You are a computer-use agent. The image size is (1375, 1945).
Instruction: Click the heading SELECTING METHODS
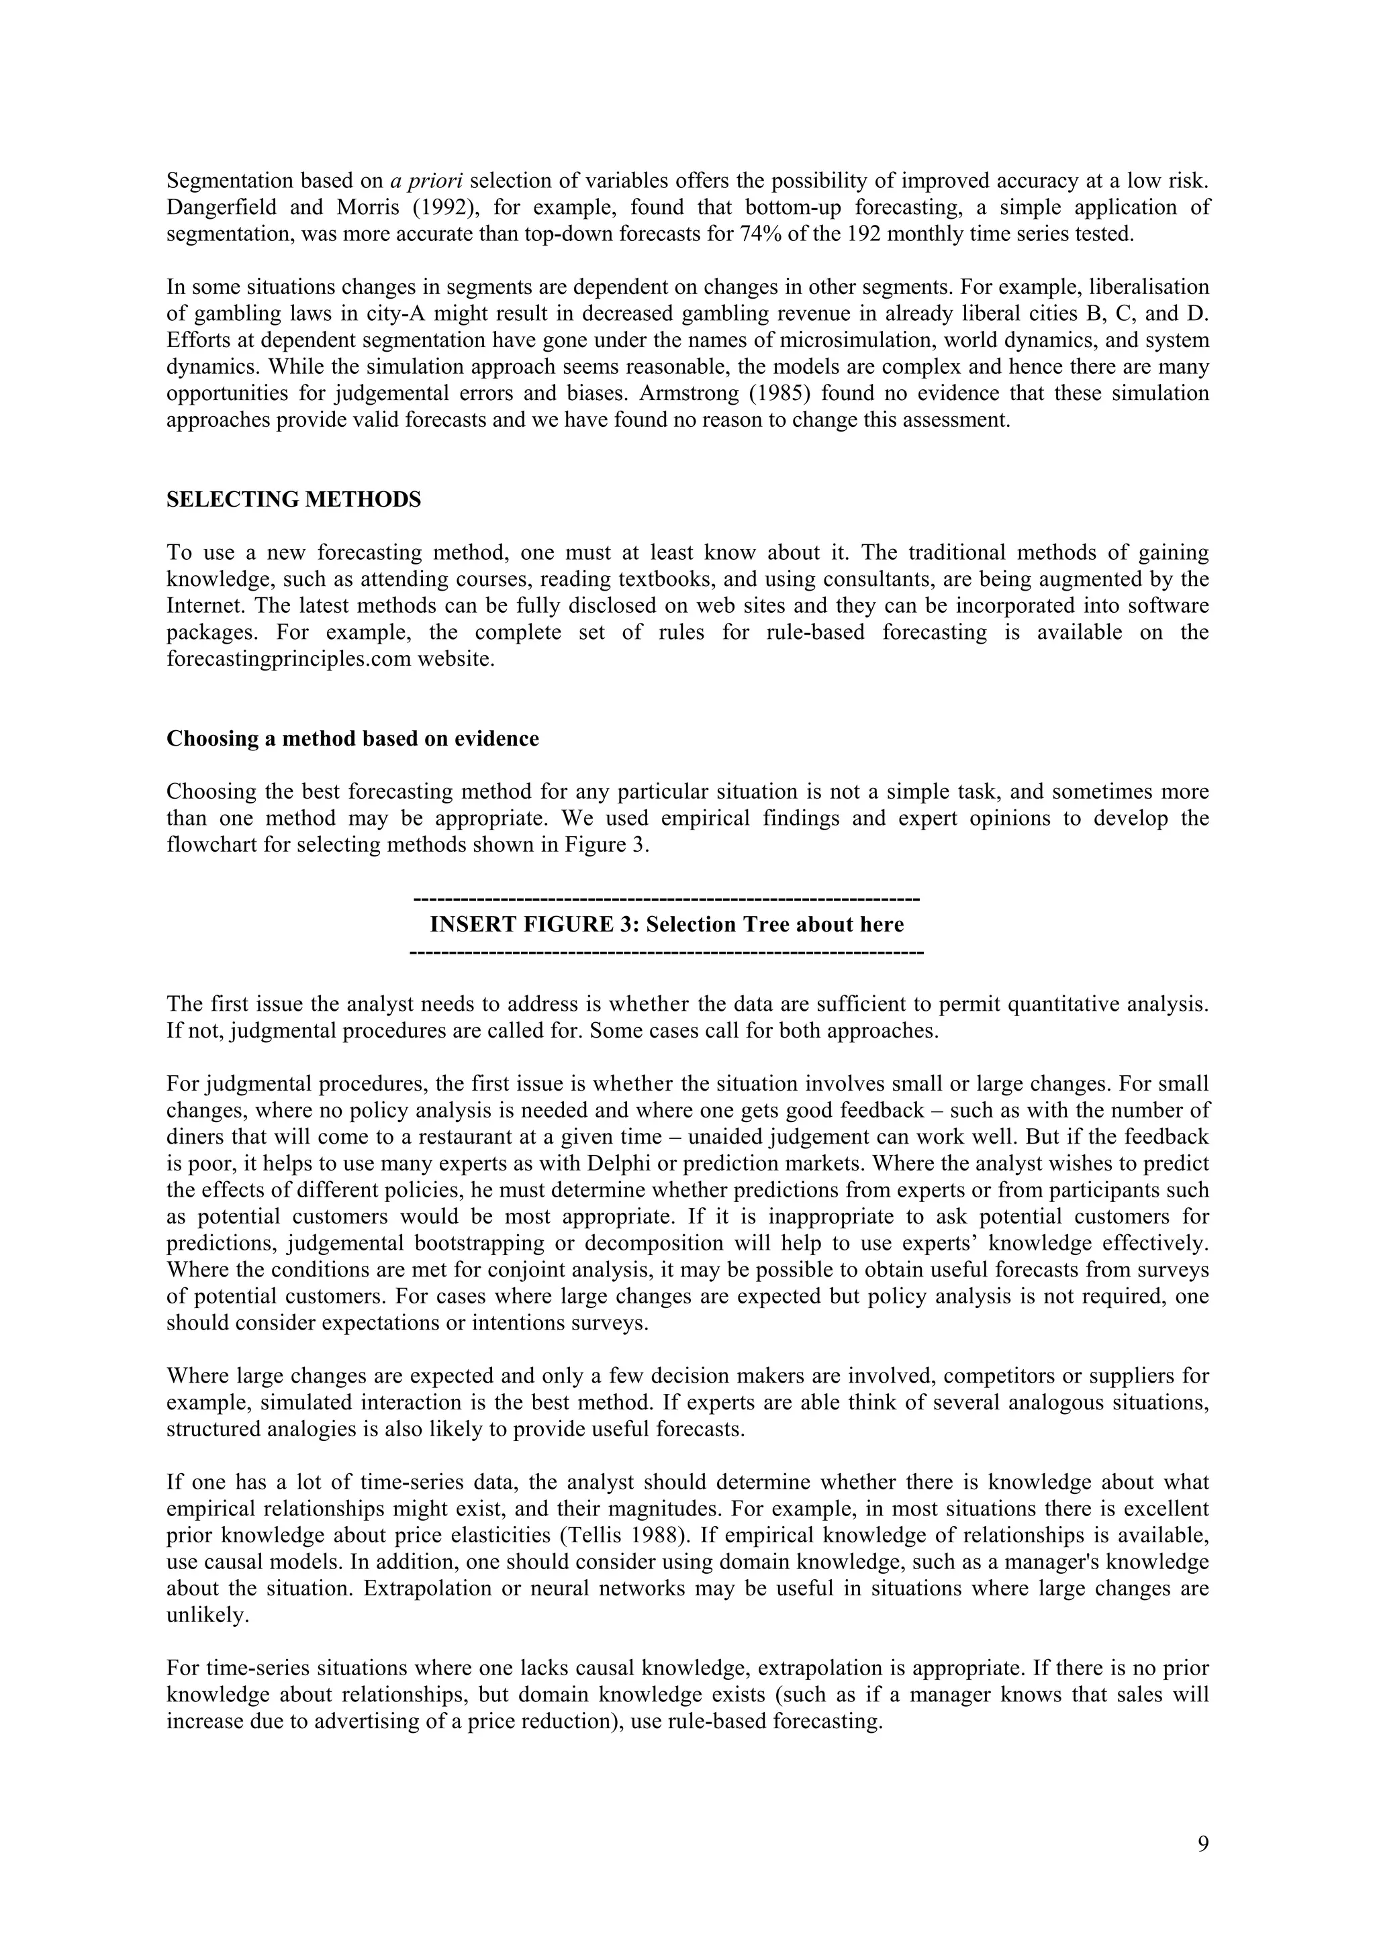(293, 500)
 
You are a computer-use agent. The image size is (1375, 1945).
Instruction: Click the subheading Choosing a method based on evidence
(352, 739)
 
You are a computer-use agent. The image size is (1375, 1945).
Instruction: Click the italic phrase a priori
(426, 181)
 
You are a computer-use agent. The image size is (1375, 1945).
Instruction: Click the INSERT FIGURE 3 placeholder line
(667, 924)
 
